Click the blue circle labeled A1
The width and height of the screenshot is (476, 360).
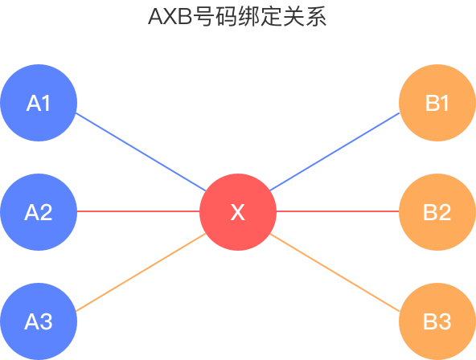tap(39, 103)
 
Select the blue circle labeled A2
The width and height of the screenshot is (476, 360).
tap(39, 212)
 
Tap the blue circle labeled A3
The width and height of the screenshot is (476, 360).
tap(39, 321)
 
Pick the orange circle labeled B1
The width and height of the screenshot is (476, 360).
tap(437, 103)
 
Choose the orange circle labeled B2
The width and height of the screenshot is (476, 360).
tap(437, 212)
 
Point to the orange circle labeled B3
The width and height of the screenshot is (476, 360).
tap(437, 321)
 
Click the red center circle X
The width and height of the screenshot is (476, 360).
tap(238, 212)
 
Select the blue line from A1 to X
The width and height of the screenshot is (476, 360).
tap(141, 152)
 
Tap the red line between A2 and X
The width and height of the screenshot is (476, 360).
tap(138, 211)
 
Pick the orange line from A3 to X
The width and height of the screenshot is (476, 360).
tap(141, 272)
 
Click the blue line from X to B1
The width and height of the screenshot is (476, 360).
tap(334, 152)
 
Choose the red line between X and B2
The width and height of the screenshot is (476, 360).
tap(338, 211)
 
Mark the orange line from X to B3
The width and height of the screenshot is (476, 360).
tap(334, 272)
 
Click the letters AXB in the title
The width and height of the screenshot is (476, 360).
tap(170, 17)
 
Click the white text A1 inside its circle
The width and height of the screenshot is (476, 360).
tap(39, 103)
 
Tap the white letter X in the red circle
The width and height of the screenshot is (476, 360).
tap(237, 212)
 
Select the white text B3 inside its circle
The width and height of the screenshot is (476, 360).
tap(437, 321)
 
